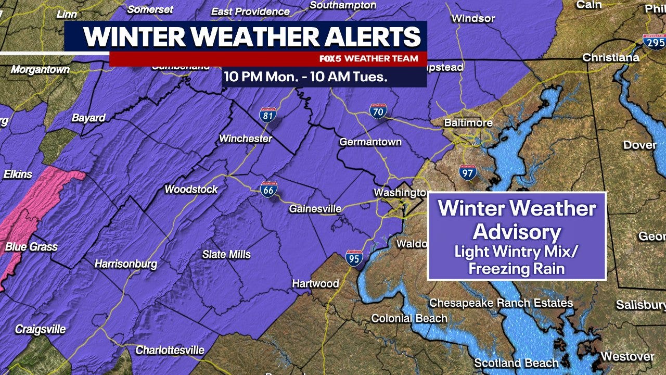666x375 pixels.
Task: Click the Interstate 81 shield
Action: click(x=268, y=115)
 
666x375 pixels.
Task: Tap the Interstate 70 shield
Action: click(x=378, y=111)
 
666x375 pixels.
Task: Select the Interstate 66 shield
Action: click(x=269, y=189)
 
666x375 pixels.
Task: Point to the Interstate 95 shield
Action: click(x=354, y=258)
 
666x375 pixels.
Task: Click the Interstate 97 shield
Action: click(x=468, y=172)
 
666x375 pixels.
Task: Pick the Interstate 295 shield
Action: click(x=654, y=42)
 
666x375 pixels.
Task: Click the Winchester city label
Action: click(x=246, y=139)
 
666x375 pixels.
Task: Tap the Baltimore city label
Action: click(x=468, y=123)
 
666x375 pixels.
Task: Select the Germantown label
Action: click(x=370, y=142)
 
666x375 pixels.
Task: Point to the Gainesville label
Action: click(x=315, y=209)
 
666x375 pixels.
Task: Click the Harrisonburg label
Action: click(x=125, y=264)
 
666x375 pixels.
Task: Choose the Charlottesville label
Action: click(x=170, y=351)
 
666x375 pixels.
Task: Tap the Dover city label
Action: click(x=639, y=145)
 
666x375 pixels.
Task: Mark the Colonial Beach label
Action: click(x=409, y=318)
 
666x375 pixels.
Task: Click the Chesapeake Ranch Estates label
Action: click(x=501, y=303)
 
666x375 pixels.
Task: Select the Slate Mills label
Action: click(x=226, y=254)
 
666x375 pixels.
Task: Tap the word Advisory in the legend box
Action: click(x=517, y=232)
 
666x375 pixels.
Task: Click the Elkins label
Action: click(x=18, y=174)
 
